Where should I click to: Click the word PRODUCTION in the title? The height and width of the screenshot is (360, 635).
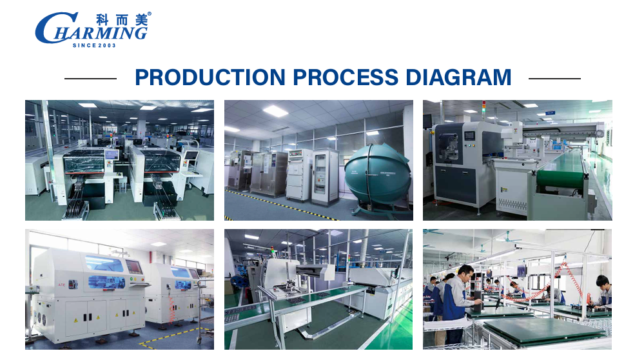(210, 77)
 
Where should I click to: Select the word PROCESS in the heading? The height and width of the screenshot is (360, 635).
(346, 77)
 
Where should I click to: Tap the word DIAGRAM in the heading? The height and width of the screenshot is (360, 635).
(458, 77)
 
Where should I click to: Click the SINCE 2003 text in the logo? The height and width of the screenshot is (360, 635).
(94, 45)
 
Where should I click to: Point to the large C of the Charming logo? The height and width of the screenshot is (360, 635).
(51, 28)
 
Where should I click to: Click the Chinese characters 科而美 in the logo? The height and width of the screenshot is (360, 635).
(121, 20)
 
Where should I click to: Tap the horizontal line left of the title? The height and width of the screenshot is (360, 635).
(91, 79)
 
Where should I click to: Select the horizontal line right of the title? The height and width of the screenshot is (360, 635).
(555, 79)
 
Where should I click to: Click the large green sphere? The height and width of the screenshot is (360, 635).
(377, 174)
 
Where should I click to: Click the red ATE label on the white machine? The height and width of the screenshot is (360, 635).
(61, 285)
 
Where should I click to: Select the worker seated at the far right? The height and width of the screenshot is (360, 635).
(602, 292)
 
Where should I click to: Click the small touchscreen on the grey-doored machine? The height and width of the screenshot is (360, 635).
(470, 136)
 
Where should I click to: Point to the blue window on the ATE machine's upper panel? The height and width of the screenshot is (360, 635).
(104, 263)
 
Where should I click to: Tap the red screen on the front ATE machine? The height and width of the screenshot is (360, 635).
(133, 267)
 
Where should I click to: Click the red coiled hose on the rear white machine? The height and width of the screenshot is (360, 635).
(171, 309)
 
